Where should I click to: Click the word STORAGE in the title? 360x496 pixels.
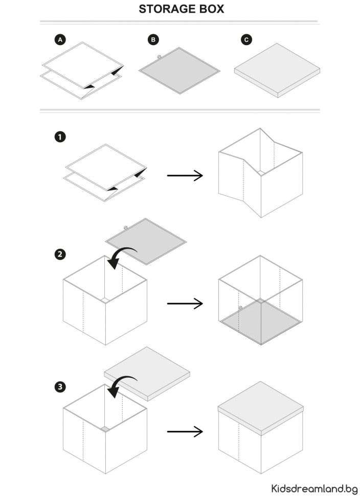tap(165, 9)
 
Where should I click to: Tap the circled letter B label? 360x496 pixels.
tap(152, 39)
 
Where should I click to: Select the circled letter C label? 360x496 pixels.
tap(247, 39)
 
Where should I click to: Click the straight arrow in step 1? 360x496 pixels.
tap(185, 176)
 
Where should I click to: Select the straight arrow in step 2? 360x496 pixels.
tap(185, 304)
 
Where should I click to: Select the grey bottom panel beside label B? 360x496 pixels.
tap(179, 71)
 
